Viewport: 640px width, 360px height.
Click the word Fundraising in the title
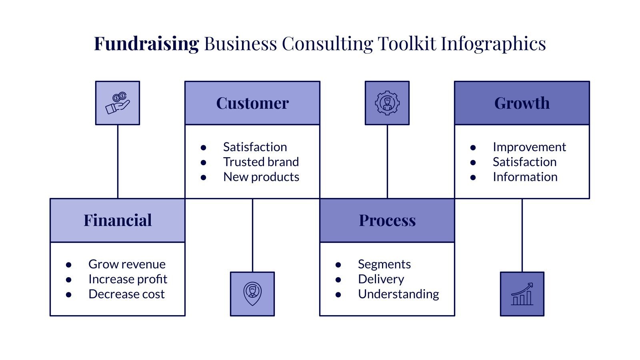[x=146, y=44]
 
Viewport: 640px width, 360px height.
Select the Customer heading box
[x=252, y=103]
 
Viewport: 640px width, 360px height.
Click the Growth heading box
[x=522, y=103]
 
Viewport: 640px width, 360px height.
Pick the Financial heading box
[x=118, y=220]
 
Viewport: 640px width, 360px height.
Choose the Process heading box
[x=387, y=220]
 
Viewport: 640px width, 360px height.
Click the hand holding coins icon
[x=118, y=103]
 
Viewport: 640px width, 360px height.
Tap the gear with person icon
[x=387, y=103]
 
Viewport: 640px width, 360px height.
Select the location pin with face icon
[x=252, y=294]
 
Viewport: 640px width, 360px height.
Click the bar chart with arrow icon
[x=522, y=294]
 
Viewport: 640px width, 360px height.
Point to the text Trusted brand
[x=261, y=162]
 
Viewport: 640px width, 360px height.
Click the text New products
[x=261, y=177]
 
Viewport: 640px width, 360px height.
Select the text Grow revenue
[x=127, y=264]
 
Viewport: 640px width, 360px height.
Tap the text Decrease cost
[x=126, y=294]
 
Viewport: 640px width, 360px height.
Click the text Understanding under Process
[x=398, y=294]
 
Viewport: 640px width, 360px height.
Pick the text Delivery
[x=381, y=279]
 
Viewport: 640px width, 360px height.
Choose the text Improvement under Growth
[x=529, y=147]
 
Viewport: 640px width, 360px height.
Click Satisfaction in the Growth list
[x=524, y=162]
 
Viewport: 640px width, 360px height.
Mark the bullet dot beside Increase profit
[x=69, y=280]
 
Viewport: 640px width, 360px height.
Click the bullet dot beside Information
[x=473, y=177]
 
